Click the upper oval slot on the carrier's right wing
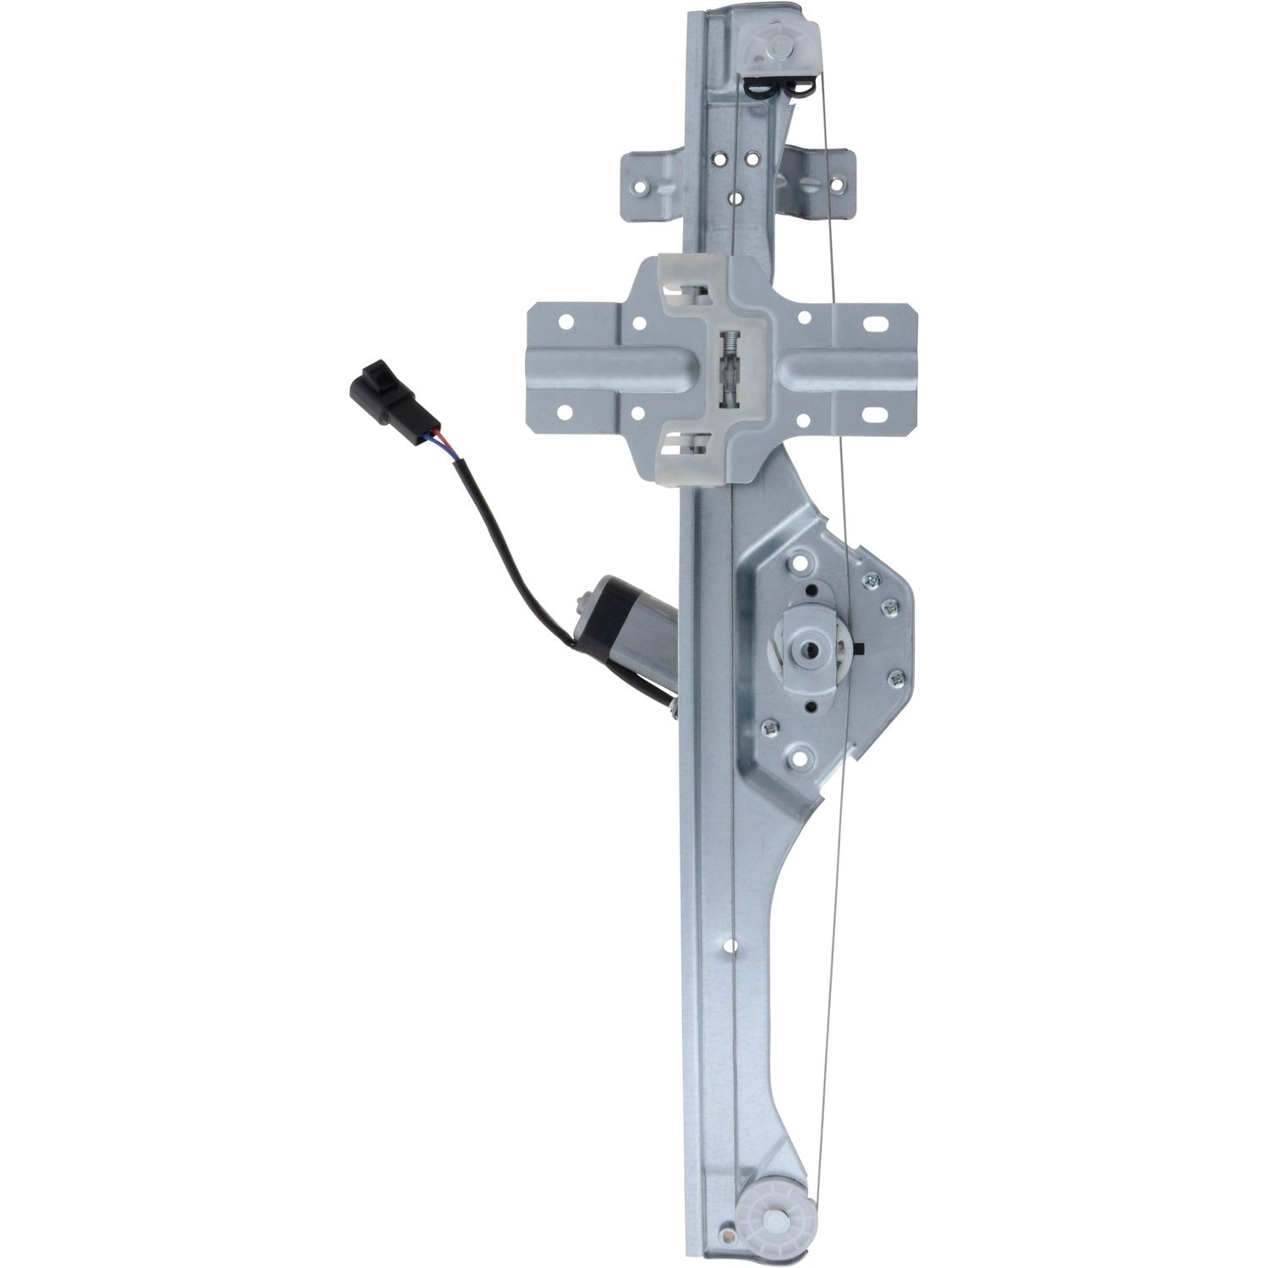click(x=876, y=325)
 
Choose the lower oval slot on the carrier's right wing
click(x=874, y=415)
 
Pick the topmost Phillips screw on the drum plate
click(x=868, y=580)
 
